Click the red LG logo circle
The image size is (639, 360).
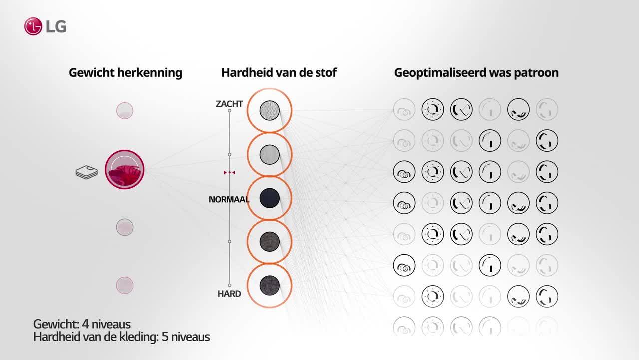pyautogui.click(x=33, y=26)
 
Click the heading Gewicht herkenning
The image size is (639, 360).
pyautogui.click(x=125, y=73)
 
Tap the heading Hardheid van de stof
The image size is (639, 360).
pyautogui.click(x=279, y=73)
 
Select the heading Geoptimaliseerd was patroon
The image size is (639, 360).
pyautogui.click(x=476, y=73)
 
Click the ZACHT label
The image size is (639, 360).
pyautogui.click(x=229, y=104)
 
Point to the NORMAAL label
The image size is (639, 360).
pyautogui.click(x=229, y=199)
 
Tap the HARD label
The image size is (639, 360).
pyautogui.click(x=229, y=294)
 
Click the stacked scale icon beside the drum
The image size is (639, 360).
pyautogui.click(x=87, y=172)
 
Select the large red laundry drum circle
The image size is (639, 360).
pyautogui.click(x=125, y=169)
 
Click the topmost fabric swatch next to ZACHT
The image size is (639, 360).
pyautogui.click(x=269, y=110)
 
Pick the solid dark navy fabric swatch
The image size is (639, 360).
pyautogui.click(x=269, y=198)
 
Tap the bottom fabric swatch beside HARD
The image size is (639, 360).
pyautogui.click(x=269, y=285)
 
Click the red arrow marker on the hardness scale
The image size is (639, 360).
pyautogui.click(x=229, y=172)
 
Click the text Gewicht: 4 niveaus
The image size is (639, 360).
pyautogui.click(x=82, y=324)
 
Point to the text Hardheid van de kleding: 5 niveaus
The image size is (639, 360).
pyautogui.click(x=122, y=337)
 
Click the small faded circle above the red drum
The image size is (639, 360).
pyautogui.click(x=125, y=111)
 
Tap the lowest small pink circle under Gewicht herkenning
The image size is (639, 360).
pyautogui.click(x=125, y=285)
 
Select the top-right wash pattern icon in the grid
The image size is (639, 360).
pyautogui.click(x=547, y=109)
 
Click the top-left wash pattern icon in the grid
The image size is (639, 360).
pyautogui.click(x=404, y=109)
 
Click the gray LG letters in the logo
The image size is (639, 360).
pyautogui.click(x=56, y=27)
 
